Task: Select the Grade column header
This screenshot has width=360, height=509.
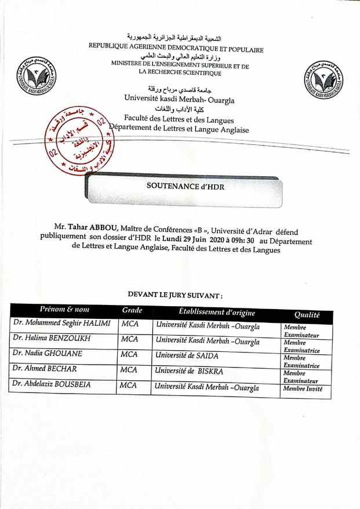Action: (x=132, y=311)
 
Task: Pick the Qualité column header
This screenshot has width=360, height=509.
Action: (x=307, y=315)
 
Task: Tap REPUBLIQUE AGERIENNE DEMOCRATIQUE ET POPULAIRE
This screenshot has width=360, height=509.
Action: (x=176, y=50)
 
